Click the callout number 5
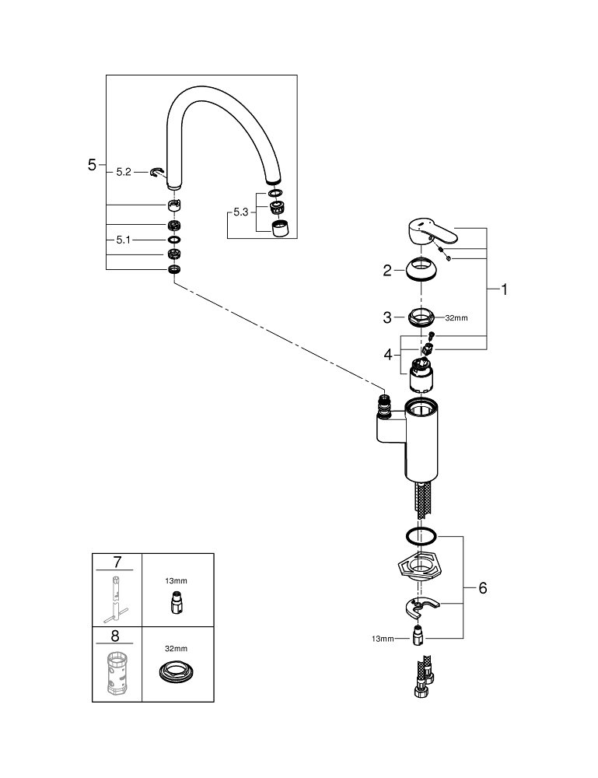tap(92, 164)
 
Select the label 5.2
tap(124, 172)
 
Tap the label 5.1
tap(124, 240)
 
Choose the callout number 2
tap(386, 271)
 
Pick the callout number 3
tap(386, 317)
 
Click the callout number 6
tap(482, 588)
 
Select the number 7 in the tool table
tap(117, 561)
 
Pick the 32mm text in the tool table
tap(177, 647)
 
